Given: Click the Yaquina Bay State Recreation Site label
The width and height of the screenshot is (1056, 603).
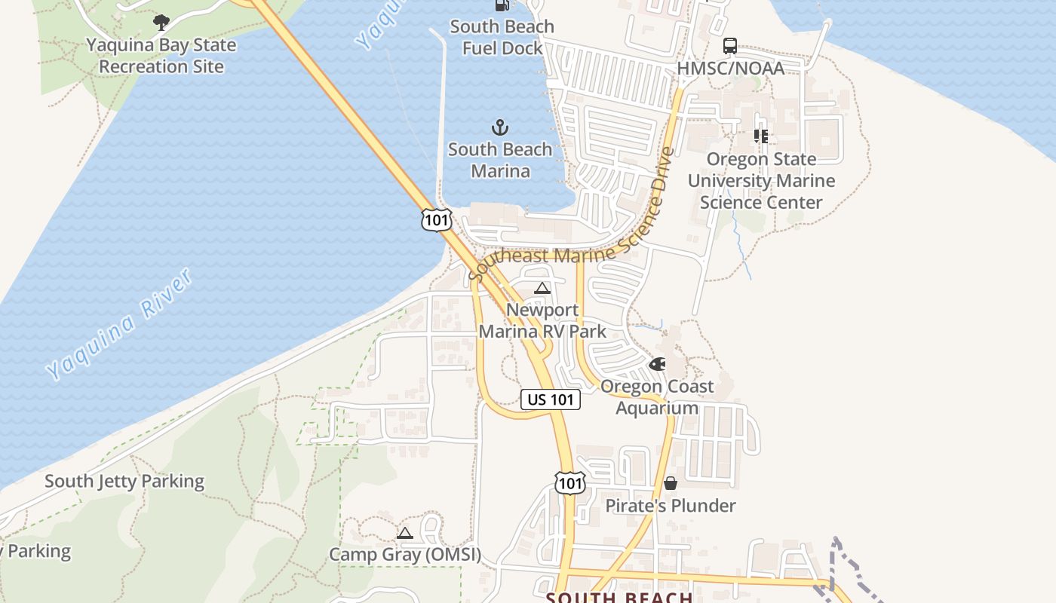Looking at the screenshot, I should point(161,56).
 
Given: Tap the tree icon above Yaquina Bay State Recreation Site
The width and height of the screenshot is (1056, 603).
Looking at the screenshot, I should point(161,23).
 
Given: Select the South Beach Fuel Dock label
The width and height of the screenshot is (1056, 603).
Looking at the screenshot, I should point(502,37).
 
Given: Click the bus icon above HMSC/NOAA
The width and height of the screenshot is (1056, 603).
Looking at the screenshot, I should point(730,46).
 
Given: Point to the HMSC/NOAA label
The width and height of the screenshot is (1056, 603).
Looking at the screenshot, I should point(730,68).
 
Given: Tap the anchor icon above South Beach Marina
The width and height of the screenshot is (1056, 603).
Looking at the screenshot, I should point(500,127).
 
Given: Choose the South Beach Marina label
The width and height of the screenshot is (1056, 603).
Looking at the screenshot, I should point(500,160).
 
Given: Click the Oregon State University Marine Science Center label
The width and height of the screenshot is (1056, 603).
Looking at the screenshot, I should point(761,181).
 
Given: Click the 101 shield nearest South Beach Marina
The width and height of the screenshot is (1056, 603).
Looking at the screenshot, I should point(437,220).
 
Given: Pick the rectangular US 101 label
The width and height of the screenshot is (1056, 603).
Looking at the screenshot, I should point(551,399).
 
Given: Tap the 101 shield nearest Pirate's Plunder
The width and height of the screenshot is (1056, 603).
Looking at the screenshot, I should point(569,482).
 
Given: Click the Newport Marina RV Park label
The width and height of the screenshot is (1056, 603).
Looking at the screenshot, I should point(542,320).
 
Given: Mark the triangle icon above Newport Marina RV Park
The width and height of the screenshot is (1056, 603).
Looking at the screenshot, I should point(542,288).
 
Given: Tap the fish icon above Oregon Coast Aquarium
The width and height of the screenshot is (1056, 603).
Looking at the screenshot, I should point(658,365).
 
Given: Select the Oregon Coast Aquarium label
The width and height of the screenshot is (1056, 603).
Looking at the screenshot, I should point(657,397).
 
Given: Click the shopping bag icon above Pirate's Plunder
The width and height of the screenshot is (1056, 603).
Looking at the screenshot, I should point(671,483).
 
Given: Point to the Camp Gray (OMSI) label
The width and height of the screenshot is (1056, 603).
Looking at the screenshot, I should point(405,556).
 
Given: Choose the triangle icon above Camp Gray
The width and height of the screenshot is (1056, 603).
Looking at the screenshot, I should point(405,534).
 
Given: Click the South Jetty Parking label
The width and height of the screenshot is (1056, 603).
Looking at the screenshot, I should point(124,481).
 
